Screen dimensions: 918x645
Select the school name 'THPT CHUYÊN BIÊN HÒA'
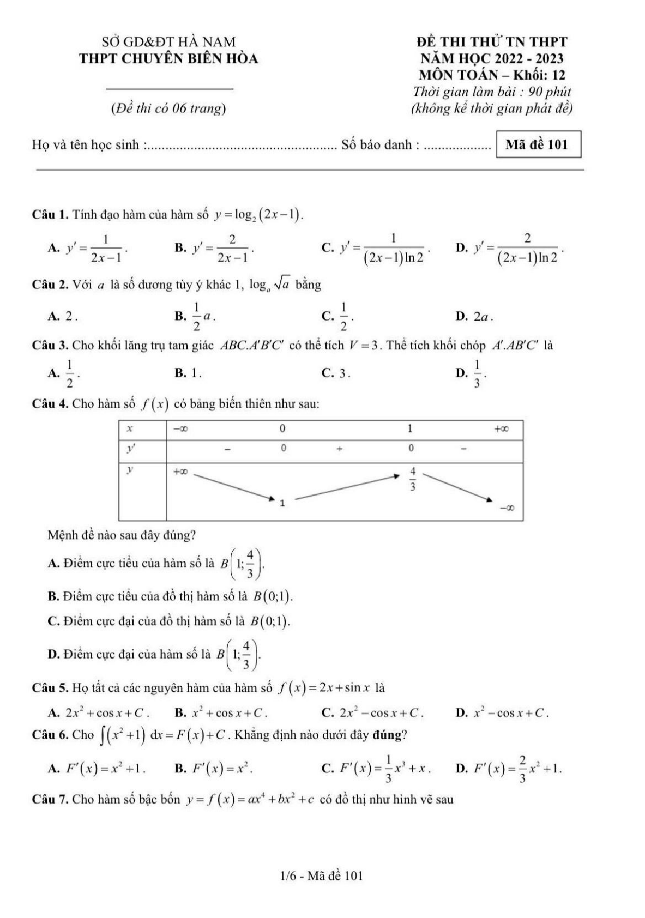(x=168, y=59)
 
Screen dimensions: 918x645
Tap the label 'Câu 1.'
(x=50, y=214)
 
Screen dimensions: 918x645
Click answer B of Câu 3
(x=188, y=373)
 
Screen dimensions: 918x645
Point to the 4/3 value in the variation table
(x=412, y=479)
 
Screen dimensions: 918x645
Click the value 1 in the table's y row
(x=282, y=503)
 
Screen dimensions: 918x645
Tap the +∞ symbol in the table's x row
(x=501, y=429)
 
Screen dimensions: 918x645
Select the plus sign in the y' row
(x=339, y=449)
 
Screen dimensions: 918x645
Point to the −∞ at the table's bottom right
(x=507, y=509)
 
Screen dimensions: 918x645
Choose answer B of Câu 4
(x=170, y=596)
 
